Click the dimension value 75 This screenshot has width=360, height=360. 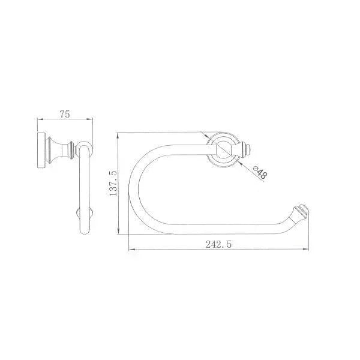click(x=65, y=114)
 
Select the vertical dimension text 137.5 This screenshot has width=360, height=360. click(x=113, y=183)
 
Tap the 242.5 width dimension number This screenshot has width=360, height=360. click(x=218, y=244)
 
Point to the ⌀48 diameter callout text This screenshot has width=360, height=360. click(x=260, y=172)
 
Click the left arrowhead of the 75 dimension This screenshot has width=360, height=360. click(x=40, y=119)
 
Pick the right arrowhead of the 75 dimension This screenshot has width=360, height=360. click(x=90, y=119)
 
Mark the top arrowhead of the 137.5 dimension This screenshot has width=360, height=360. click(x=118, y=136)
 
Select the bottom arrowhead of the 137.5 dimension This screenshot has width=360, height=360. click(x=118, y=231)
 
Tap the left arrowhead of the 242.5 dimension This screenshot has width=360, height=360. click(x=131, y=249)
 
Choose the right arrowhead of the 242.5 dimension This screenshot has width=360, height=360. click(x=306, y=249)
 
